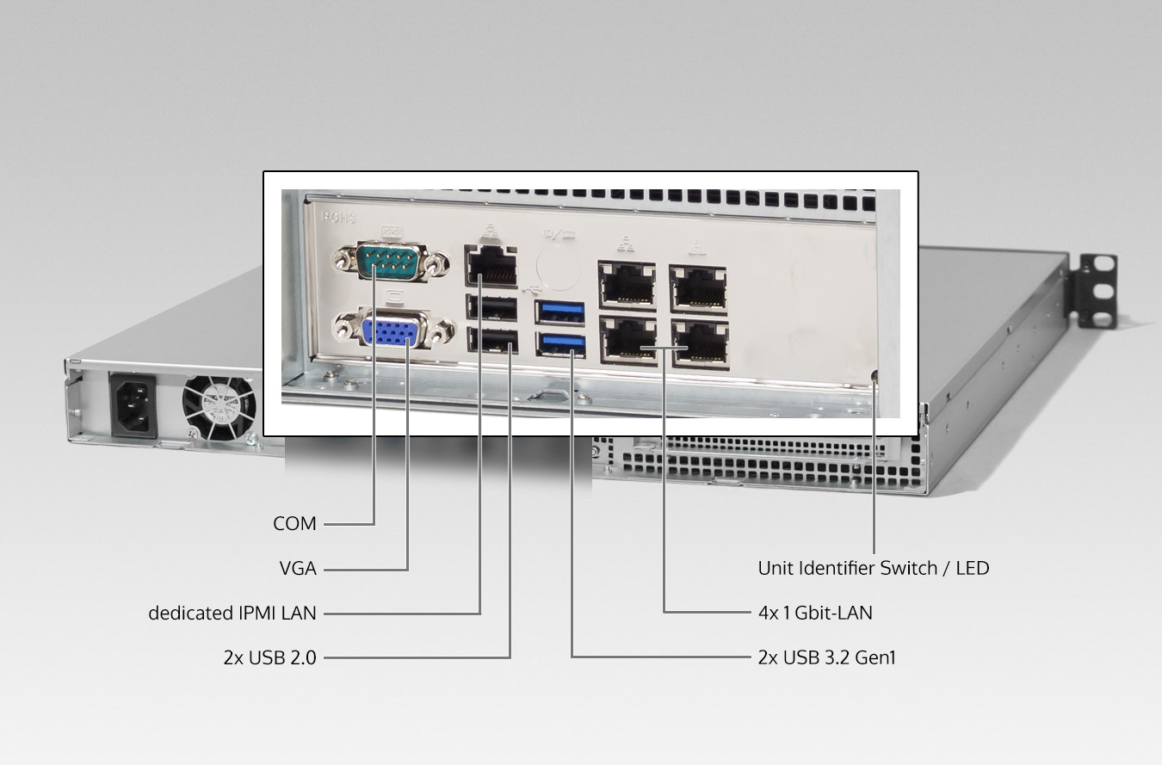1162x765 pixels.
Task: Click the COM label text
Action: click(x=294, y=523)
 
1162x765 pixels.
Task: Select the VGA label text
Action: click(x=298, y=569)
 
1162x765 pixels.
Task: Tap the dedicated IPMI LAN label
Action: click(x=232, y=614)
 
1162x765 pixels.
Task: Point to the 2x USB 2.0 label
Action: click(x=269, y=658)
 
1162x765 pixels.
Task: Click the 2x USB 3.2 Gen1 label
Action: click(x=826, y=658)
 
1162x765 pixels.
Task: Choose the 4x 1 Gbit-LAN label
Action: click(x=814, y=614)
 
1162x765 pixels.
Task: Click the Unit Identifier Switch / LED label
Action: click(x=873, y=568)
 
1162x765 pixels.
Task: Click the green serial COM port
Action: click(x=392, y=260)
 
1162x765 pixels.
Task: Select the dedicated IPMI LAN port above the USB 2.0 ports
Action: click(x=491, y=264)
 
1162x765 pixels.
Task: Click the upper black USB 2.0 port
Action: click(x=491, y=308)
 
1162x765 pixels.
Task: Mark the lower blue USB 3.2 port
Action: click(x=560, y=344)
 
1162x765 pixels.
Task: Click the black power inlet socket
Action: click(x=132, y=404)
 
